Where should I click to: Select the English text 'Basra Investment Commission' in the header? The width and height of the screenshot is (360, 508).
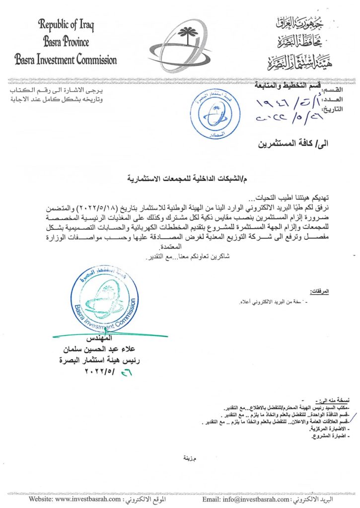(66, 60)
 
